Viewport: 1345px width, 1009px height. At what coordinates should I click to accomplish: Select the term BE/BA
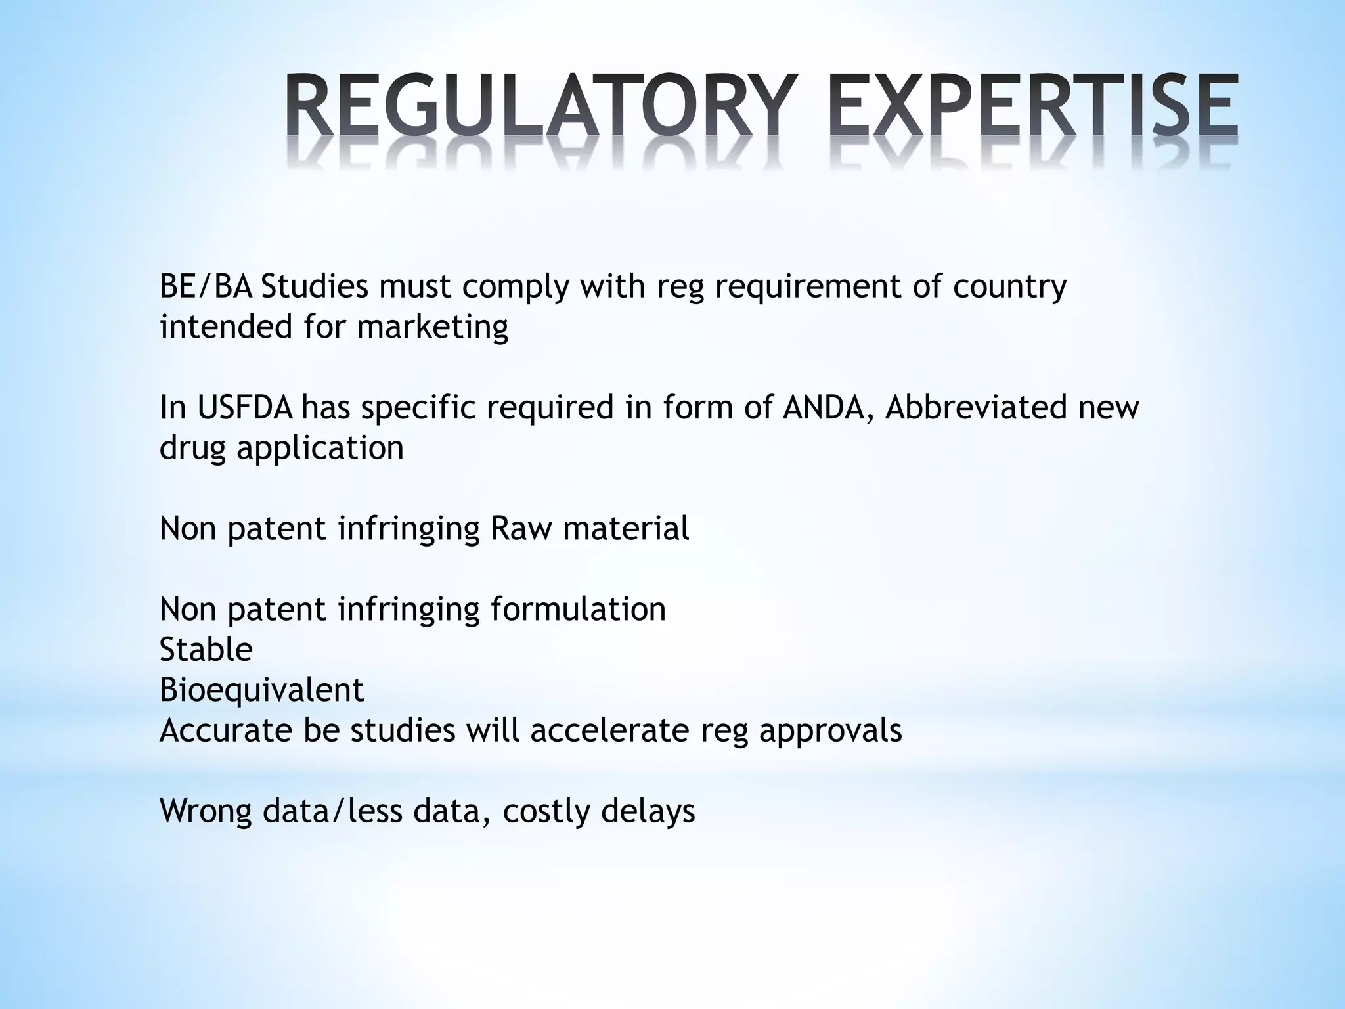(206, 287)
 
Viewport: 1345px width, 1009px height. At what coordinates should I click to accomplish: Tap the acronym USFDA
(244, 408)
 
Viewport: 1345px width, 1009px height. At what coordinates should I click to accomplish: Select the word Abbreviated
(978, 408)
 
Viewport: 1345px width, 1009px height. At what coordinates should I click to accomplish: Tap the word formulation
(578, 609)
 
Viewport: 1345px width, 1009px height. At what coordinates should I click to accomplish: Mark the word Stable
(206, 650)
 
